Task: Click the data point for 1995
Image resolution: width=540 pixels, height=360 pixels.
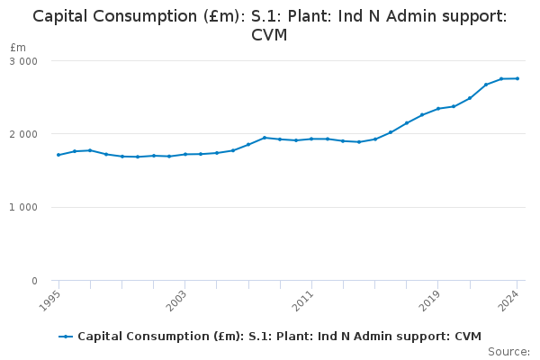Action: click(58, 155)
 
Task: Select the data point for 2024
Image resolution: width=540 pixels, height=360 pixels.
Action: click(517, 78)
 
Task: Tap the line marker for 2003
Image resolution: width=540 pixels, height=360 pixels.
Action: click(184, 154)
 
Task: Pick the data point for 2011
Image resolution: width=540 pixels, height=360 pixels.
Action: click(311, 139)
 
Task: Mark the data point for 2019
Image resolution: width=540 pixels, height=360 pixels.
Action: click(438, 109)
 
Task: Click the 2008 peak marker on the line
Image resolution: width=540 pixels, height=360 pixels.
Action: click(264, 138)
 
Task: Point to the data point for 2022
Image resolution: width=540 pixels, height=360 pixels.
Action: click(486, 85)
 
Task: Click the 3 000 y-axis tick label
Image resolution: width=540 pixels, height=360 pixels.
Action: click(23, 61)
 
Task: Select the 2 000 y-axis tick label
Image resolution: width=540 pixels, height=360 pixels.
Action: click(23, 134)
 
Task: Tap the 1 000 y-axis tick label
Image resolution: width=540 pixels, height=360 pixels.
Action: click(23, 208)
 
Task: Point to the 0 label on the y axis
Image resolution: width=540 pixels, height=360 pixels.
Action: click(33, 282)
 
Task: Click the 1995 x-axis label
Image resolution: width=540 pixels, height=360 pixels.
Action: click(53, 298)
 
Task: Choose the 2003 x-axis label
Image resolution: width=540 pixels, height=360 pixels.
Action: click(179, 298)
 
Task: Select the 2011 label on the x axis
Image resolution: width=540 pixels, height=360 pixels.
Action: click(306, 298)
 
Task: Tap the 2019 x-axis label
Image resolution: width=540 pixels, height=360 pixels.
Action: click(433, 298)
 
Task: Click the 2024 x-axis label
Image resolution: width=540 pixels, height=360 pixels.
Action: click(512, 298)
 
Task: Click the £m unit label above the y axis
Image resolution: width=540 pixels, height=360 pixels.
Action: click(18, 47)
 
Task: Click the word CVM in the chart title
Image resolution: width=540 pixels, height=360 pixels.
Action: click(269, 35)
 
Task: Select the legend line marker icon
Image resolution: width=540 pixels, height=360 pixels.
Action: click(66, 337)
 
